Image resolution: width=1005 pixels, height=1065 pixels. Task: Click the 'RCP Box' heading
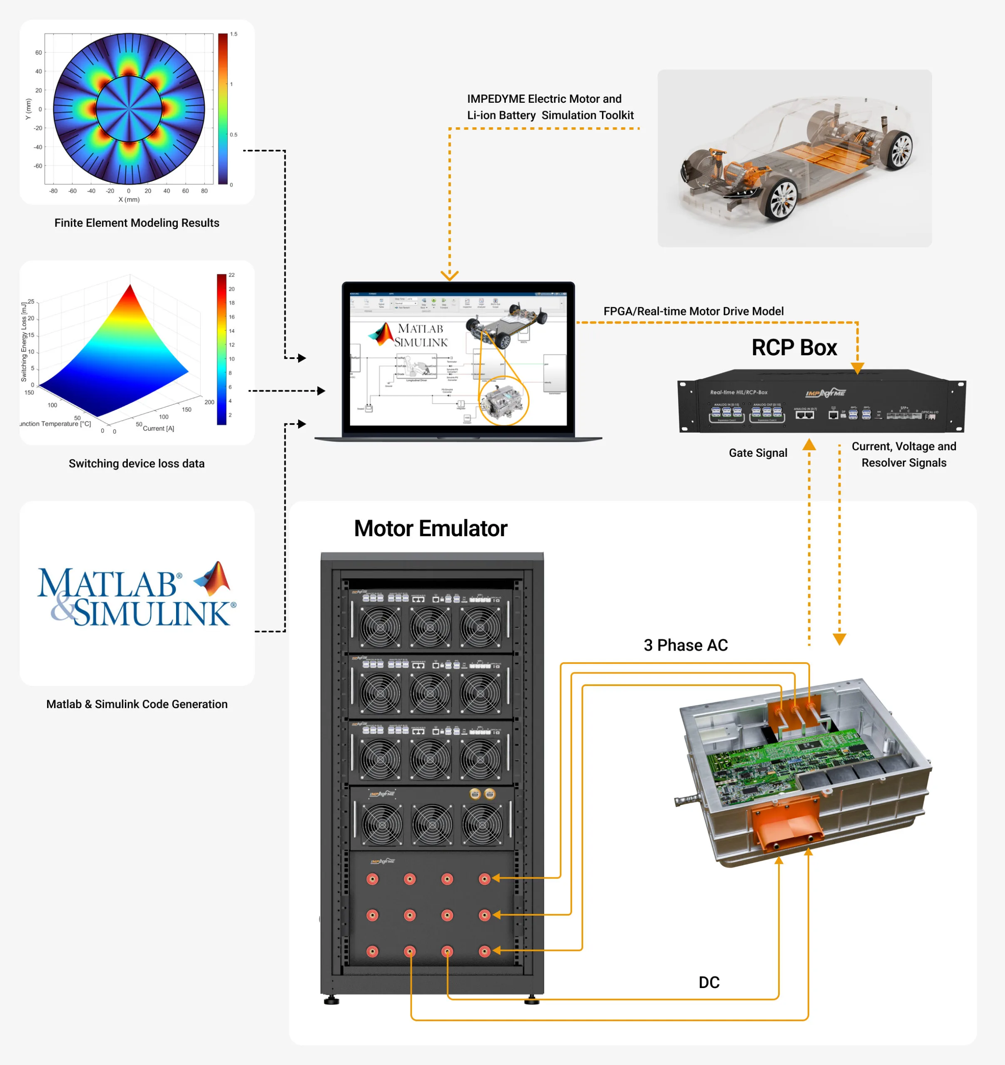click(794, 348)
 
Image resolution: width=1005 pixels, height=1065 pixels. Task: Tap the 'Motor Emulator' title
click(430, 529)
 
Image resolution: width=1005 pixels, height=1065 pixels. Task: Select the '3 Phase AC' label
click(686, 645)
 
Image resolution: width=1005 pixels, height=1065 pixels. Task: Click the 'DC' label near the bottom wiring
click(709, 983)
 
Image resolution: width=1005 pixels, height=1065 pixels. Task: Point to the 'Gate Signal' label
click(758, 453)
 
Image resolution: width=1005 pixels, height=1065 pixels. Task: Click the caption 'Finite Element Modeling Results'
click(137, 223)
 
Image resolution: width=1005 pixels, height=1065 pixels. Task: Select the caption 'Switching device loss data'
click(137, 463)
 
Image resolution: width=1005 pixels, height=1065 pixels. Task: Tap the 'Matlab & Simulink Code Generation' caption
click(137, 704)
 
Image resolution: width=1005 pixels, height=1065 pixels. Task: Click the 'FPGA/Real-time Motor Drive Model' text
click(693, 311)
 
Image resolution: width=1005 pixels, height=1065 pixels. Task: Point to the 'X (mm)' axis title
click(129, 200)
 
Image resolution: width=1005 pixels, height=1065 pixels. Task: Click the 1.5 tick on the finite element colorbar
click(234, 34)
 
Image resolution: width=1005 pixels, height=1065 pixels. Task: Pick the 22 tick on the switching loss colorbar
click(231, 275)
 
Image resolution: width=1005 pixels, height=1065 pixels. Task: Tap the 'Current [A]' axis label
click(158, 428)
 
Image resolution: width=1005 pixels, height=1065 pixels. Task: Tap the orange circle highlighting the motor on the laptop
click(503, 401)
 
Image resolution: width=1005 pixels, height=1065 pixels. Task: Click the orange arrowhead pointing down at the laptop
click(450, 275)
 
